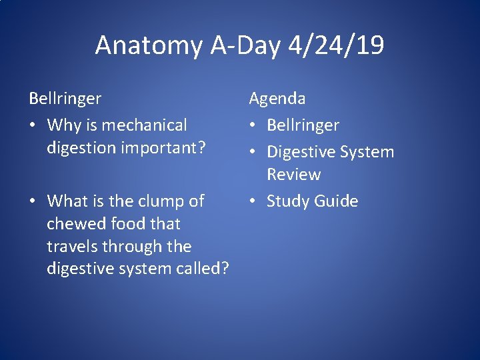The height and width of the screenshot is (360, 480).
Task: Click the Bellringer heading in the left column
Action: point(65,99)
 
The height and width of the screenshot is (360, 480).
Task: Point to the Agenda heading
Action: point(277,99)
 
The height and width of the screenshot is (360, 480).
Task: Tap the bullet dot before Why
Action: point(33,126)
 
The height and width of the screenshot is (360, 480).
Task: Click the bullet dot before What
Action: point(33,201)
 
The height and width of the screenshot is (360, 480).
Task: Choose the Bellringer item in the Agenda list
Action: point(303,125)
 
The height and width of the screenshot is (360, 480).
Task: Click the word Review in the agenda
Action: point(294,175)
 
